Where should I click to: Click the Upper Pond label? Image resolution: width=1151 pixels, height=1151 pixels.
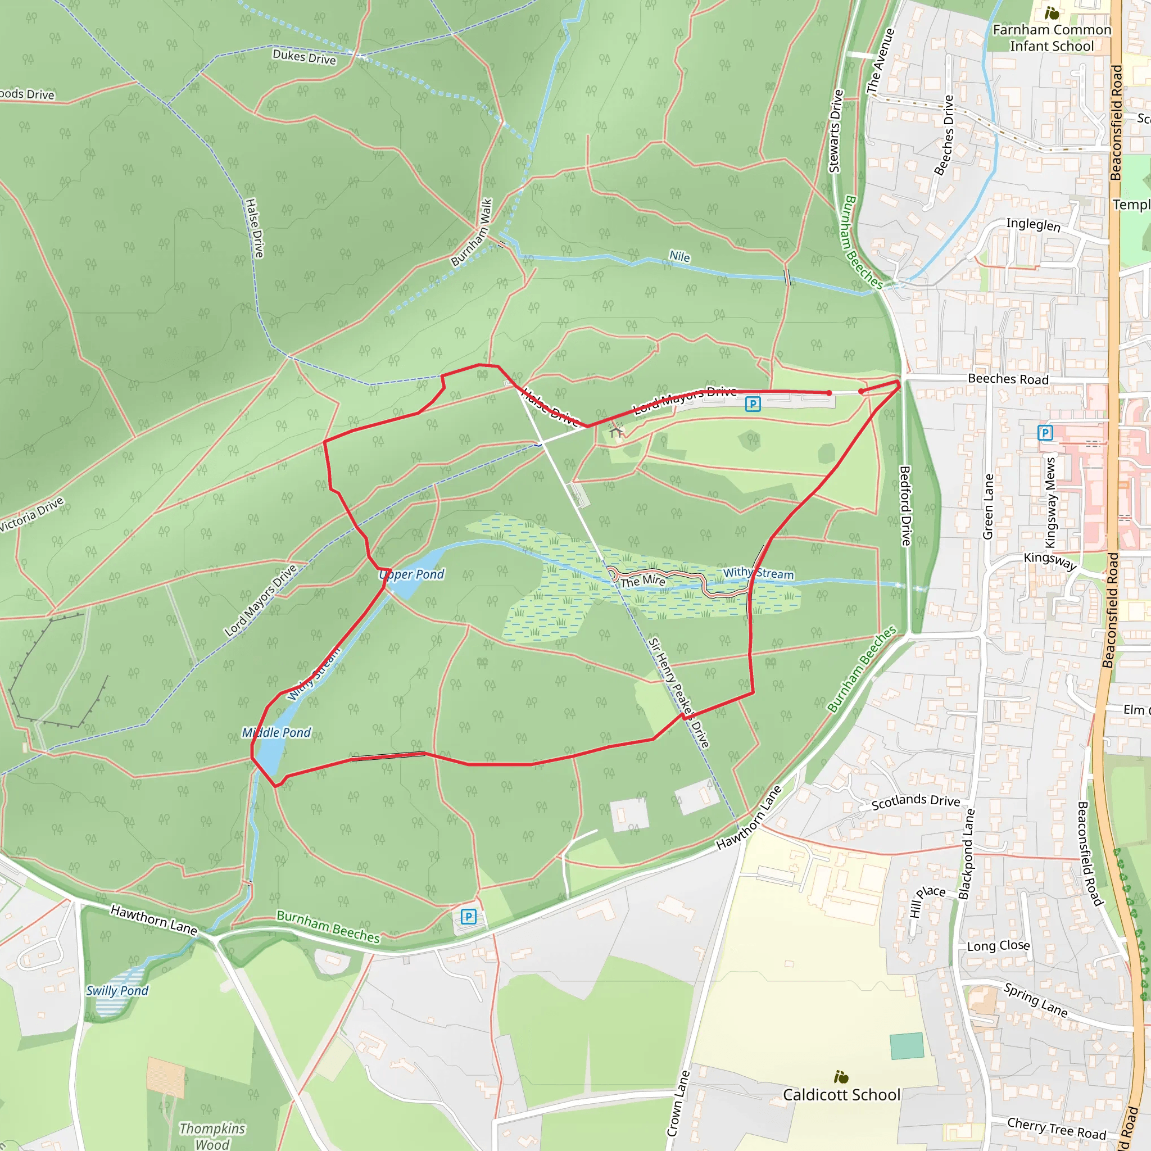(411, 574)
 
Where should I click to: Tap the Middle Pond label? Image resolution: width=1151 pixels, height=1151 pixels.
(277, 732)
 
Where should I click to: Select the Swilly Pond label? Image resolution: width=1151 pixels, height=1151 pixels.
(117, 990)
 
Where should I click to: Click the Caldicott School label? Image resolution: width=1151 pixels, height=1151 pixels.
(841, 1094)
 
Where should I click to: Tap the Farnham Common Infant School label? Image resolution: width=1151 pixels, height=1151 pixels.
(1052, 38)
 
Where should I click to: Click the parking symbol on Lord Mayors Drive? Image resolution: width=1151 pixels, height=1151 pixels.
(753, 405)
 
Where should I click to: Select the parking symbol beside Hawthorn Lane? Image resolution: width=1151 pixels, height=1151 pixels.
(468, 916)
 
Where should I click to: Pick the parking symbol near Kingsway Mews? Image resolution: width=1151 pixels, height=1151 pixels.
(1045, 433)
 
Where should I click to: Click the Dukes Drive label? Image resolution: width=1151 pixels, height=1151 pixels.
(304, 57)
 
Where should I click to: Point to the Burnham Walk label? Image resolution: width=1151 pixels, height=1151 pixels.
(472, 232)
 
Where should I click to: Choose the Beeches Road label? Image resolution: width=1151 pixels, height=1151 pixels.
(1008, 379)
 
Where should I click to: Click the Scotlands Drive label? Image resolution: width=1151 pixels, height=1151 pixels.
(916, 801)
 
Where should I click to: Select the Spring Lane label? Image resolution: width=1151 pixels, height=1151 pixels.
(1035, 1000)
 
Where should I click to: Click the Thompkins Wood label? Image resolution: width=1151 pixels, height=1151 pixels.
(212, 1135)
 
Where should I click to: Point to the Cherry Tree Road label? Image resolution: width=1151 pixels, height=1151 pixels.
(1056, 1128)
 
